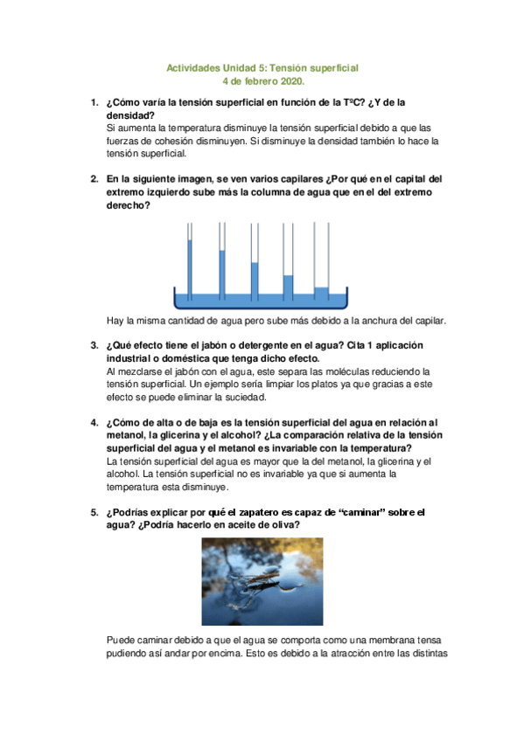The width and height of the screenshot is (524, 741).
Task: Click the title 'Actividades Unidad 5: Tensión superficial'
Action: tap(262, 67)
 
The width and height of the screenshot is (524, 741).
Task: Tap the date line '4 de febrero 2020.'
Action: tap(262, 81)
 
